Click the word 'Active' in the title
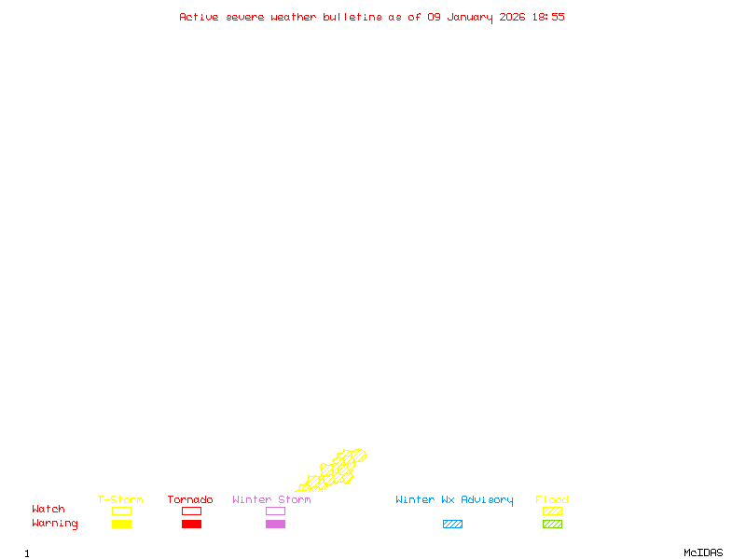pyautogui.click(x=200, y=17)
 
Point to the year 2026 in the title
pyautogui.click(x=513, y=17)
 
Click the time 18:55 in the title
pyautogui.click(x=548, y=17)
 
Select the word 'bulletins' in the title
pyautogui.click(x=352, y=17)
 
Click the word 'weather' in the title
pyautogui.click(x=294, y=17)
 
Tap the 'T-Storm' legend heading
pyautogui.click(x=120, y=500)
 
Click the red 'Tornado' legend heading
pyautogui.click(x=190, y=500)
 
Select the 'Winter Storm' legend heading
pyautogui.click(x=271, y=500)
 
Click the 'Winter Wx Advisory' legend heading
pyautogui.click(x=454, y=500)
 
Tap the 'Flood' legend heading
pyautogui.click(x=552, y=500)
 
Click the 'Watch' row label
pyautogui.click(x=48, y=510)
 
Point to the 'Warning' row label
pyautogui.click(x=55, y=524)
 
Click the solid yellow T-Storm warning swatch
pyautogui.click(x=121, y=525)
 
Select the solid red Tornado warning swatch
pyautogui.click(x=191, y=525)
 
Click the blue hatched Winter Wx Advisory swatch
pyautogui.click(x=452, y=525)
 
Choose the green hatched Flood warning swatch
pyautogui.click(x=552, y=525)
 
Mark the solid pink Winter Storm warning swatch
pyautogui.click(x=275, y=525)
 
